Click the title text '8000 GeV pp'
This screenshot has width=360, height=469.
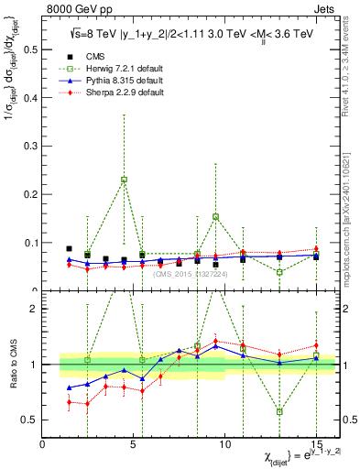pyautogui.click(x=74, y=8)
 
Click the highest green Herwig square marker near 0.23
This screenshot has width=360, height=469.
pyautogui.click(x=124, y=180)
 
